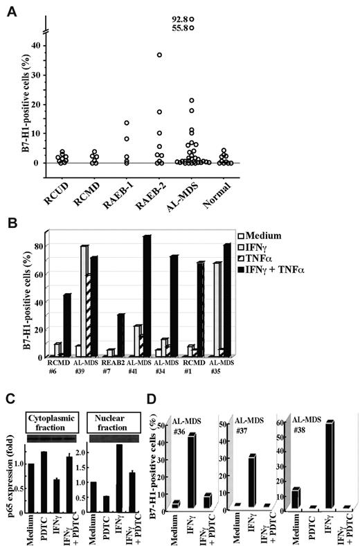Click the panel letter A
(11, 11)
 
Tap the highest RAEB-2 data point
(159, 55)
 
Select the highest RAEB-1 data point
(127, 123)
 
